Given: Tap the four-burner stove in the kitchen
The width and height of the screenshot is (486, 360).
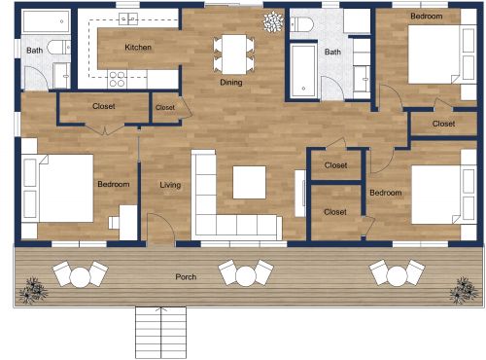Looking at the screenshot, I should pyautogui.click(x=118, y=79).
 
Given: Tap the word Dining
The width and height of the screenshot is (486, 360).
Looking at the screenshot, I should pyautogui.click(x=230, y=83).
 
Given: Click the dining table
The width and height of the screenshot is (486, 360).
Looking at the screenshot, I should pyautogui.click(x=231, y=50).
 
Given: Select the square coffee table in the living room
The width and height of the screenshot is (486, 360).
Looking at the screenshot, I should pyautogui.click(x=250, y=182).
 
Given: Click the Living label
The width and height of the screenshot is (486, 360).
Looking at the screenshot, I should pyautogui.click(x=170, y=184).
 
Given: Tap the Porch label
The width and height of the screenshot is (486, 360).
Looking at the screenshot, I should pyautogui.click(x=186, y=277).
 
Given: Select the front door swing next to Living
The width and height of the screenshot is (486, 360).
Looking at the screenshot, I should pyautogui.click(x=161, y=230).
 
